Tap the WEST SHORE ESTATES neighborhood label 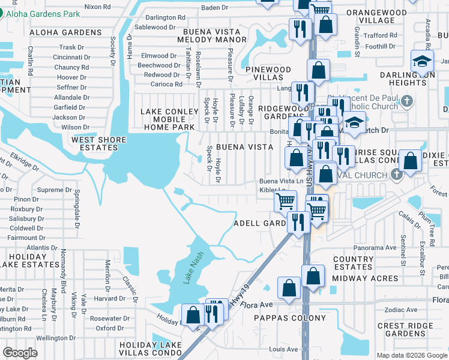point(99,145)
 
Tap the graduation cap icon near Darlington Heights point(423,62)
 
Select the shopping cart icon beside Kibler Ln point(286,200)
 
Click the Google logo point(20,352)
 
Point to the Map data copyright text point(411,355)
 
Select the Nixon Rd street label point(97,7)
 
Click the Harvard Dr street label point(109,298)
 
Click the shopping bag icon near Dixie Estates point(410,161)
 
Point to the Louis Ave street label point(284,349)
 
